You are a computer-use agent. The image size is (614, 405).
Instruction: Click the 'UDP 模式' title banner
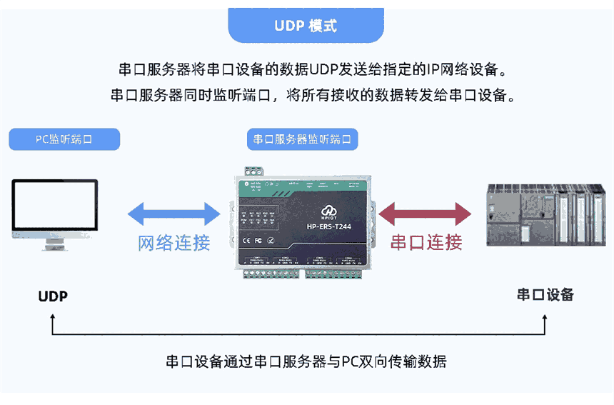click(x=306, y=26)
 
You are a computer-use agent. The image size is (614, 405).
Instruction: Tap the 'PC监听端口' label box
click(x=64, y=139)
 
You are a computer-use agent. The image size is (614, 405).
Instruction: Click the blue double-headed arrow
click(x=173, y=213)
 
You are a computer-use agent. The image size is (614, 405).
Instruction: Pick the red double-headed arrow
click(x=426, y=213)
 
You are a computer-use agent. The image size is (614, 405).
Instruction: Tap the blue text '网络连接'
click(x=173, y=242)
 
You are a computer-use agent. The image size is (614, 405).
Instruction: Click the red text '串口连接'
click(x=426, y=242)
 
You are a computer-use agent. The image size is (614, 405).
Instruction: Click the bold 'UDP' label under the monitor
click(x=53, y=296)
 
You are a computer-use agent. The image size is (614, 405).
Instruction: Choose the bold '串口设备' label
click(x=545, y=294)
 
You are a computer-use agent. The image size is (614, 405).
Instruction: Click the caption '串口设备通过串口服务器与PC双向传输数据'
click(x=306, y=361)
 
